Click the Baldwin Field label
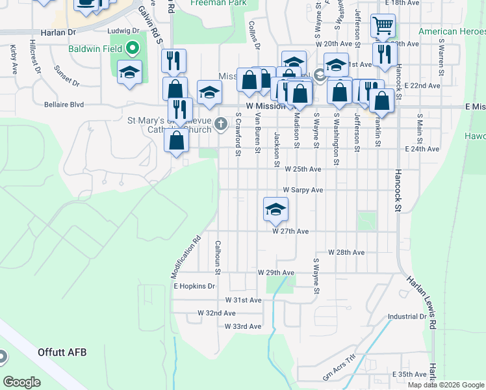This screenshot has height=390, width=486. click(97, 49)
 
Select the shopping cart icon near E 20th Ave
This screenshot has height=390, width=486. click(383, 26)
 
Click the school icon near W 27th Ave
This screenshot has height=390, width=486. click(275, 209)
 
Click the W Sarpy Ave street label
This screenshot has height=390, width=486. click(302, 190)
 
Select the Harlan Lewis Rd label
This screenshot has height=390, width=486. click(422, 299)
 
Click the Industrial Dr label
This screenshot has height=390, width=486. click(405, 317)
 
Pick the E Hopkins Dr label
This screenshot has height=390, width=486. click(194, 286)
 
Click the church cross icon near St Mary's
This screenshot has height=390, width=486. click(221, 123)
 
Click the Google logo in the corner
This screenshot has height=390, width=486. click(22, 382)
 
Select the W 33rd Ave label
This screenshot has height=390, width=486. click(242, 326)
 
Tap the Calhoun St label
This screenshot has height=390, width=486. click(218, 257)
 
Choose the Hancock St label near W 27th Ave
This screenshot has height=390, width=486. click(397, 193)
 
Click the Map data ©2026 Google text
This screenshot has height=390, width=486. click(446, 385)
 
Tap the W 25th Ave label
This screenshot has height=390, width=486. click(303, 169)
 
